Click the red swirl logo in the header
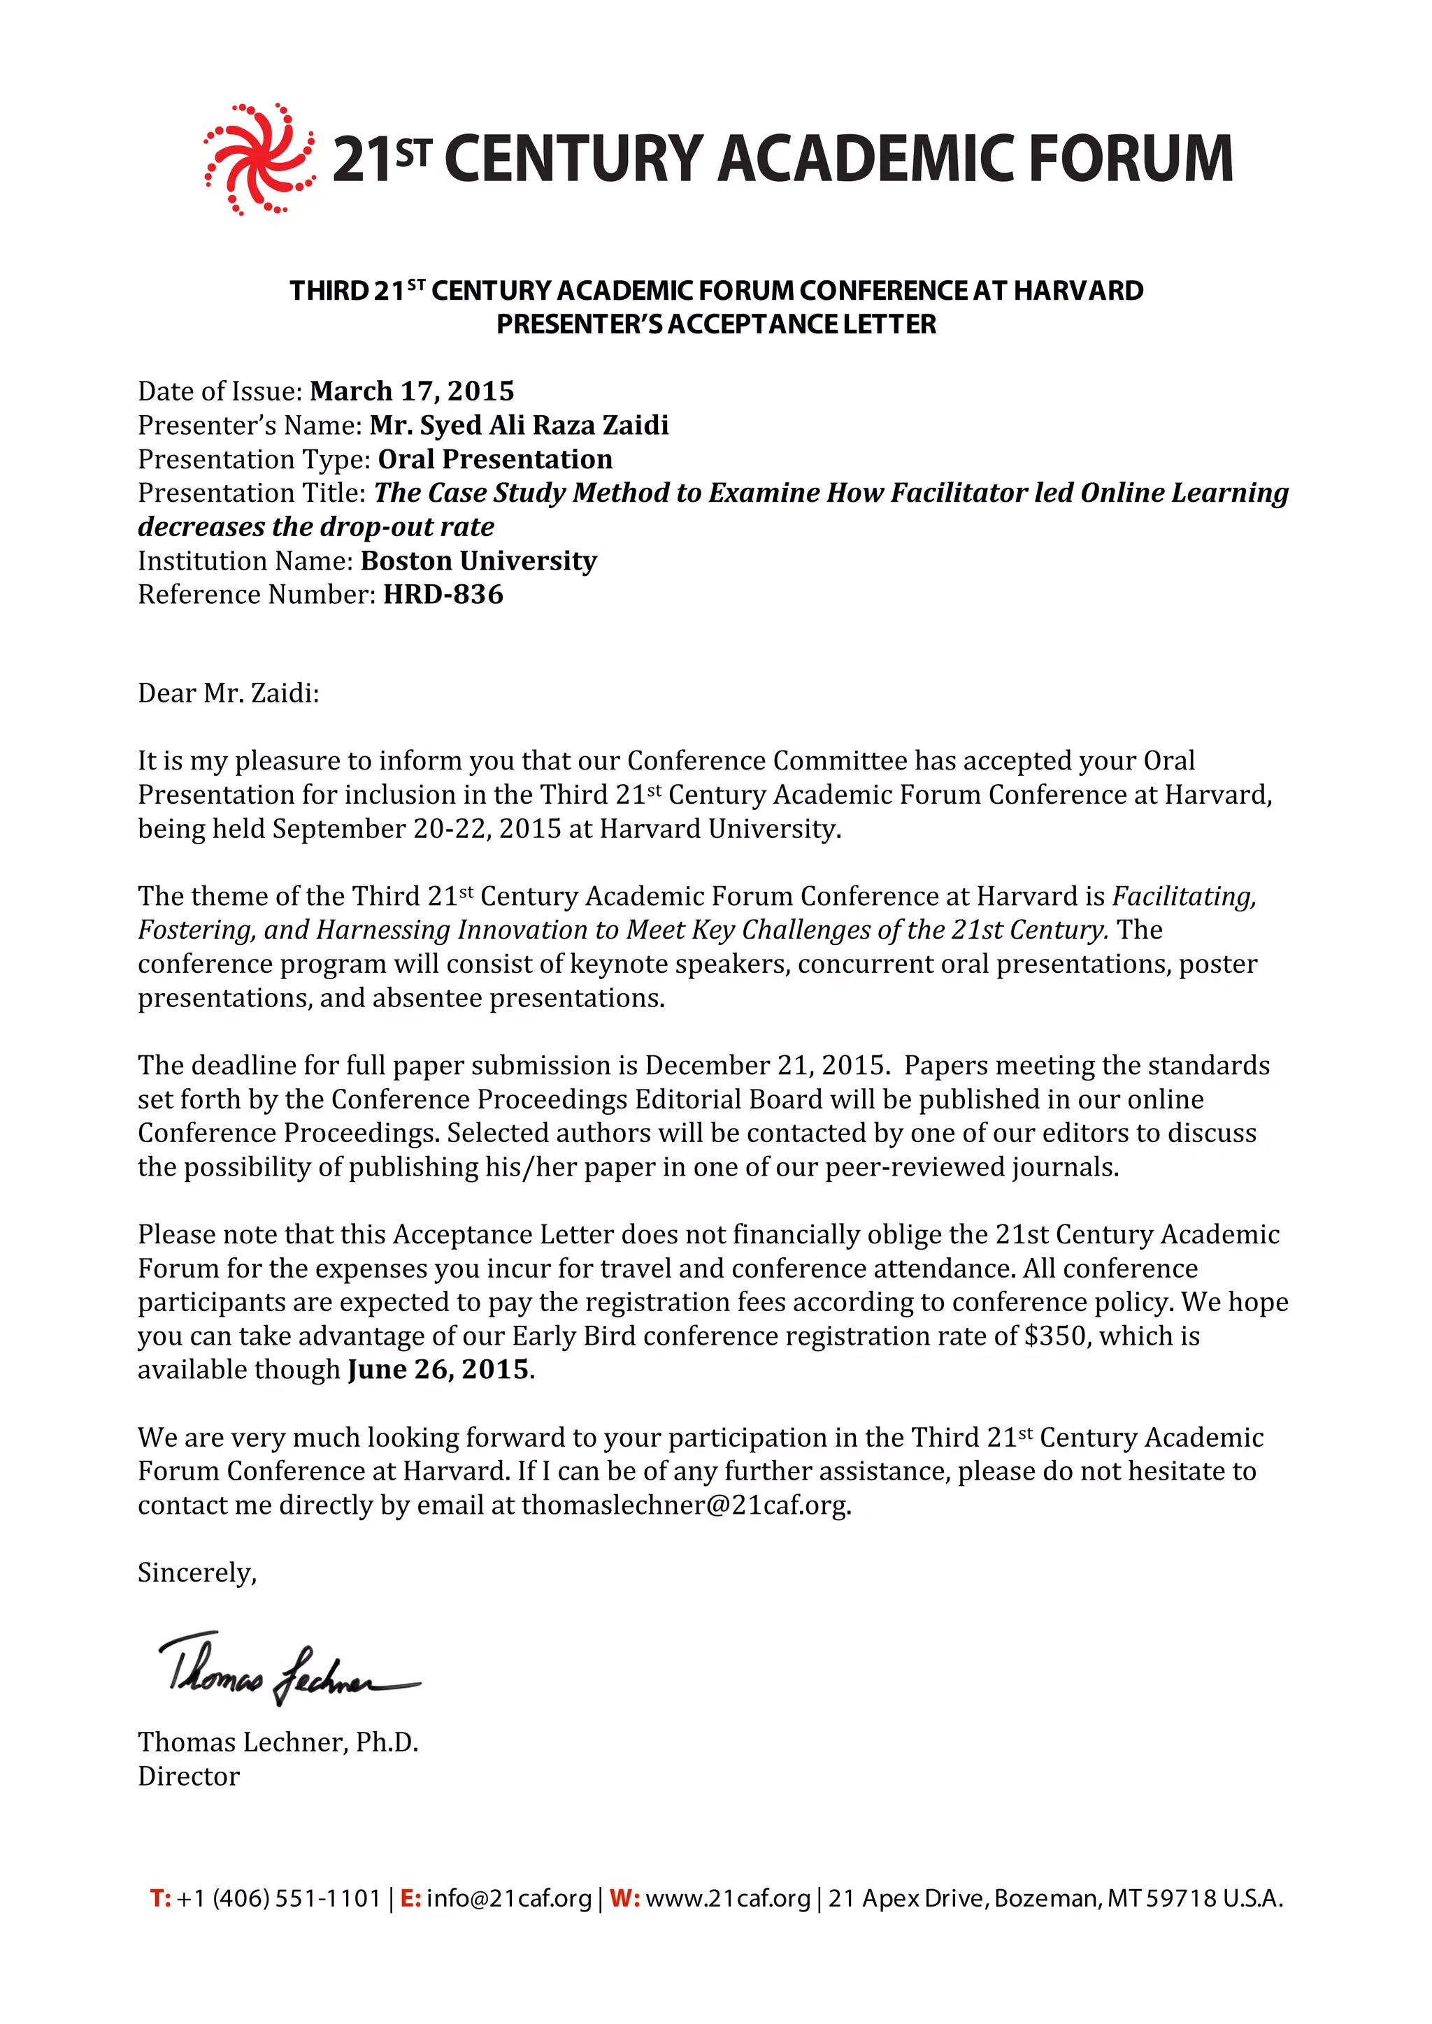click(258, 159)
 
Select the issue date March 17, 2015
click(412, 391)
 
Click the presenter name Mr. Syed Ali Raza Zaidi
click(519, 425)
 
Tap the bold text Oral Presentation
click(494, 459)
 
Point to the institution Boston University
click(479, 561)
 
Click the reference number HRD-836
click(443, 595)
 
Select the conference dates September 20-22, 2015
click(417, 829)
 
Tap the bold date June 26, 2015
click(439, 1369)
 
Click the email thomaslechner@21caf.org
click(685, 1505)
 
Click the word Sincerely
click(196, 1573)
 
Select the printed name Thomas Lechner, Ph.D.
click(278, 1742)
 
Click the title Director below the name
click(189, 1777)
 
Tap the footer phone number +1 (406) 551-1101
click(278, 1898)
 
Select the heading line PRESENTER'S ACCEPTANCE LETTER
click(716, 324)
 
